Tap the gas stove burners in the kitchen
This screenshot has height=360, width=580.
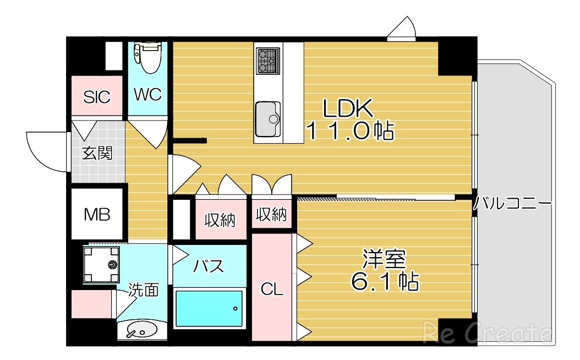click(268, 61)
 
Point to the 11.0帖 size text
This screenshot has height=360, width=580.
click(349, 132)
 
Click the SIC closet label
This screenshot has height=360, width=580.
click(97, 97)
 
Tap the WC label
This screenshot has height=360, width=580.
click(147, 95)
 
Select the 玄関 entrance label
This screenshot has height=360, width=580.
click(97, 153)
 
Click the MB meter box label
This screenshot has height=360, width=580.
click(97, 214)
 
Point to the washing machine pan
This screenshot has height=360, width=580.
click(101, 265)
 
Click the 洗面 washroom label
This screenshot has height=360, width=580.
click(144, 290)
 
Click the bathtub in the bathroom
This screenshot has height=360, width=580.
click(209, 309)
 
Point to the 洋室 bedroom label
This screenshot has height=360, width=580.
click(384, 259)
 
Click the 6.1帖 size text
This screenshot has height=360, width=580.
click(384, 282)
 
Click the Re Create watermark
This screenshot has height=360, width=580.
click(486, 333)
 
